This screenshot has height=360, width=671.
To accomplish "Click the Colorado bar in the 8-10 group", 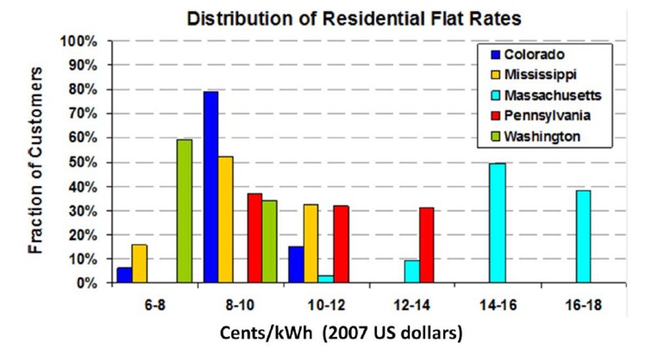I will [x=211, y=188].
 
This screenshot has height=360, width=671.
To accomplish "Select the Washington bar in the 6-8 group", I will [x=184, y=212].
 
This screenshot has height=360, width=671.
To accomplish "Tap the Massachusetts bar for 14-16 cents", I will [x=498, y=223].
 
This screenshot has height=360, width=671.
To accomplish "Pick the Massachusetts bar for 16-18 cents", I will [x=583, y=237].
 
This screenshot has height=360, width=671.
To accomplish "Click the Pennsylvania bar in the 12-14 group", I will [x=426, y=246].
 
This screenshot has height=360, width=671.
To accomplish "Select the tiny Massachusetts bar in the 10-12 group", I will [x=326, y=280].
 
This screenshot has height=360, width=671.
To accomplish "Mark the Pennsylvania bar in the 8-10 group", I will [x=254, y=238].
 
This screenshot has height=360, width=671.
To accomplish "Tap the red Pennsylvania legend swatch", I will [x=492, y=116].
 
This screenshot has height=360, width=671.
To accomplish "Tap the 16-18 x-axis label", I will [x=583, y=306].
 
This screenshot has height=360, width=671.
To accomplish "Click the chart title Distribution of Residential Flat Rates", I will [x=354, y=18].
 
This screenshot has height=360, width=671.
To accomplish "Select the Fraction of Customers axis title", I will [x=36, y=160].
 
